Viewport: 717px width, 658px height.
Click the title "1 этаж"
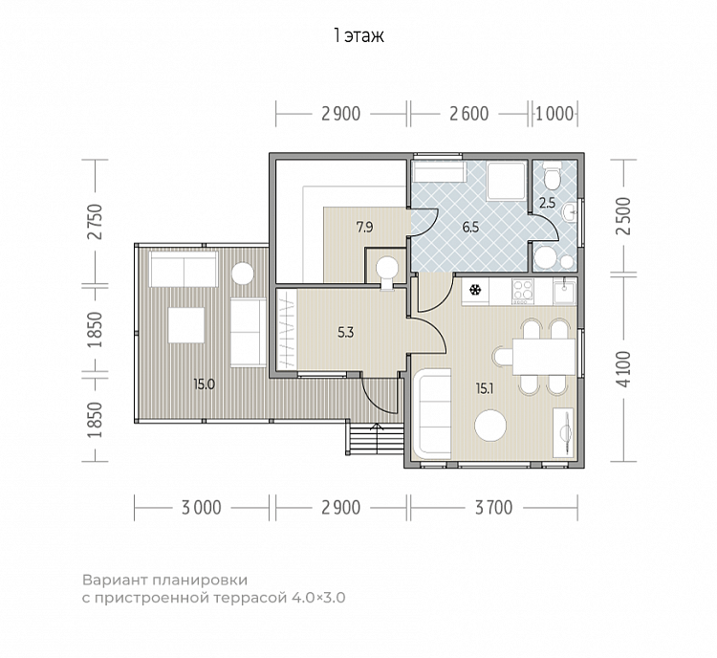coord(358,35)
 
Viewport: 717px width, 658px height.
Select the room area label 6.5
coord(470,227)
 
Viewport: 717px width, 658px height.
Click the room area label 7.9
coord(365,227)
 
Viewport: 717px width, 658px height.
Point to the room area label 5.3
coord(346,333)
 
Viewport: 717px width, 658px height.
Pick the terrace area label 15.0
coord(204,384)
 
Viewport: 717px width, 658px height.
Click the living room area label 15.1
coord(485,389)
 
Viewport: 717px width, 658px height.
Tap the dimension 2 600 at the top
coord(469,114)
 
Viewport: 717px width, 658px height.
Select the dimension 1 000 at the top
coord(554,114)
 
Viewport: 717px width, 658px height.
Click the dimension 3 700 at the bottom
coord(494,508)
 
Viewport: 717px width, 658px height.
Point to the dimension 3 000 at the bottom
coord(201,508)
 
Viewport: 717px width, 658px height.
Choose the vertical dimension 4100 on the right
coord(623,369)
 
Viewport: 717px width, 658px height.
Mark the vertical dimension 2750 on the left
coord(97,222)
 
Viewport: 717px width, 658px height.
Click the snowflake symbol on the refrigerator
coord(475,290)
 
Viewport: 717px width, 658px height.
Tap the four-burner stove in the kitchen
coord(523,292)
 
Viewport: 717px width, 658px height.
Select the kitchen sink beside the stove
coord(565,292)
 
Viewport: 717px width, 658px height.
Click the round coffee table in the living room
coord(490,426)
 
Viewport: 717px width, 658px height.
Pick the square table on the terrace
coord(186,325)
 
